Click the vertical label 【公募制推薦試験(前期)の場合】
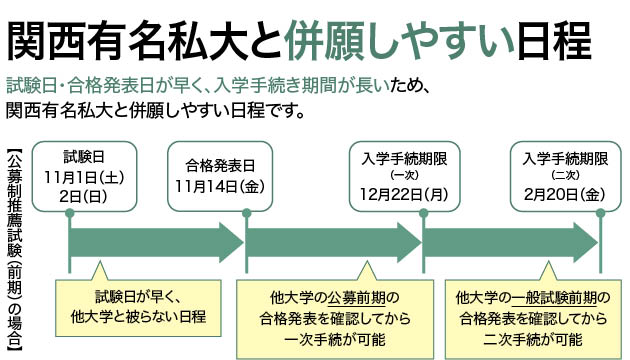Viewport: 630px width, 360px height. [14, 246]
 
